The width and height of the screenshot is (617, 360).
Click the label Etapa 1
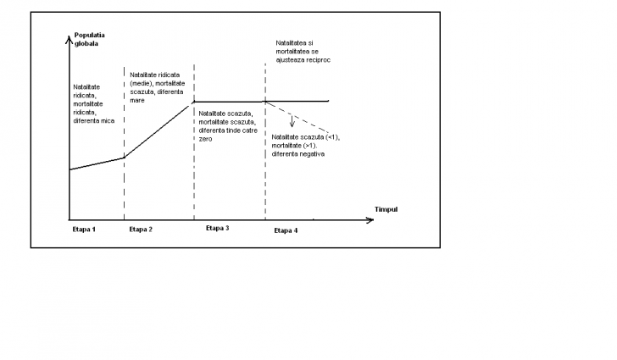coord(84,230)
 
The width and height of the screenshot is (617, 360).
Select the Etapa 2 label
coord(141,230)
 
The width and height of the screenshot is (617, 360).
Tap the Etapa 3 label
coord(217,228)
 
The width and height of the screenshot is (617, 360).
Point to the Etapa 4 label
coord(286,230)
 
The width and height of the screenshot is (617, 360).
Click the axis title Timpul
coord(386,209)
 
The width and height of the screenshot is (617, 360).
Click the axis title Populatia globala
coord(90,39)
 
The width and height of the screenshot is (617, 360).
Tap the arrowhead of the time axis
coord(370,220)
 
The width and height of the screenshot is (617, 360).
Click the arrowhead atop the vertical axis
coord(69,39)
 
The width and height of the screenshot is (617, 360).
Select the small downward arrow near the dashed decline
coord(292,121)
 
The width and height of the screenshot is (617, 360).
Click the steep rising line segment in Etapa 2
coord(158,130)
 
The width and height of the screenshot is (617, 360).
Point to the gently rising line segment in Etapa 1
coord(97,163)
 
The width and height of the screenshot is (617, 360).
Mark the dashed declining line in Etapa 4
coord(297,117)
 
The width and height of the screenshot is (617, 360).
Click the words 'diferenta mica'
coord(93,121)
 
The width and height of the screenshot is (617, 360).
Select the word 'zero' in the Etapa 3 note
coord(205,139)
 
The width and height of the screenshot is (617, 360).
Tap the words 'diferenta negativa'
coord(297,154)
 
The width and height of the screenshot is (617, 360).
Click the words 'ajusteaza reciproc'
coord(303,60)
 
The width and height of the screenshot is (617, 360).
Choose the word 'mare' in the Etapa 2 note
coord(137,101)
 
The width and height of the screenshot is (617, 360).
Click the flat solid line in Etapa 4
coord(297,101)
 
